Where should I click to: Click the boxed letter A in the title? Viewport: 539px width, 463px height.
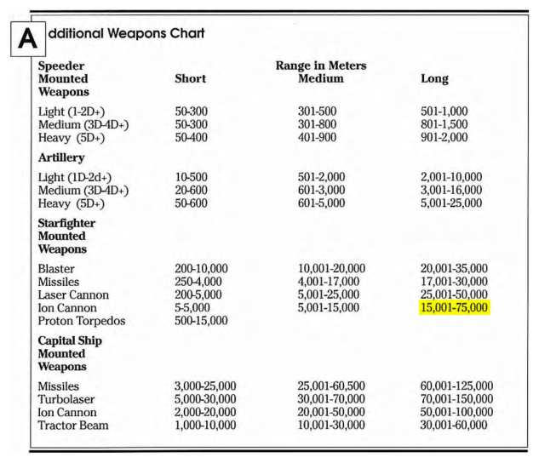[x=26, y=38]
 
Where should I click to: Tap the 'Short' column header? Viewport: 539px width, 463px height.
[x=190, y=78]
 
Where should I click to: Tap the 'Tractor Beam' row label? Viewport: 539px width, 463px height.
[x=76, y=425]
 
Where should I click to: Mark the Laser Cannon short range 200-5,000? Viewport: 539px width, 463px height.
[x=199, y=294]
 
